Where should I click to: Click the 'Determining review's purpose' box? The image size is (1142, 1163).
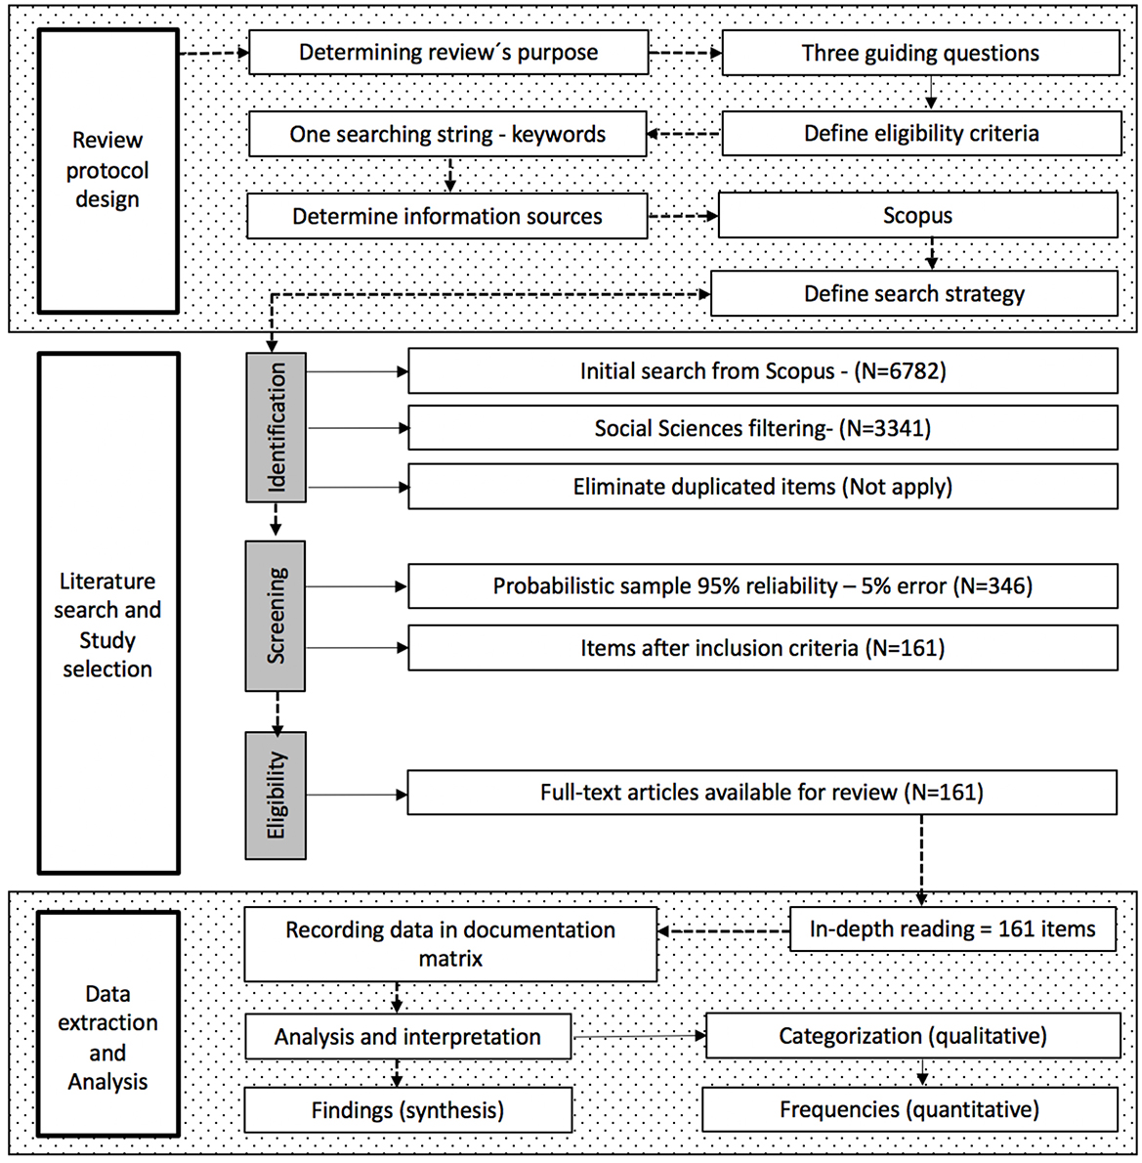[x=448, y=53]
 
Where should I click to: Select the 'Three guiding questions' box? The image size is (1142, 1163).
[x=920, y=53]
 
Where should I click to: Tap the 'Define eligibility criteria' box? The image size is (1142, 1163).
[x=920, y=134]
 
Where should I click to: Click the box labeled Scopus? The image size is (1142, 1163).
[x=917, y=215]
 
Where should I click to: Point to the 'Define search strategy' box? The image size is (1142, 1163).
[x=913, y=293]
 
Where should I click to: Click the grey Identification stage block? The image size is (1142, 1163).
[x=276, y=428]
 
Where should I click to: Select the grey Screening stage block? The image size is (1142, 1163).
[x=276, y=616]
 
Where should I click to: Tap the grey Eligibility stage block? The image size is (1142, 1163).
[x=276, y=795]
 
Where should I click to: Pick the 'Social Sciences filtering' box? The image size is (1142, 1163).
[x=762, y=428]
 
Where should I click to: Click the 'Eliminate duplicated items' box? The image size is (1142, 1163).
[x=762, y=487]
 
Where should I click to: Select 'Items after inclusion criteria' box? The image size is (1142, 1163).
[x=762, y=648]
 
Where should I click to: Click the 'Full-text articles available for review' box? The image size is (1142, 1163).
[x=761, y=793]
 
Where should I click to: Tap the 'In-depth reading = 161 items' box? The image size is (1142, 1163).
[x=952, y=929]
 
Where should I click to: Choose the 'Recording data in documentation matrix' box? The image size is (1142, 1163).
[x=450, y=944]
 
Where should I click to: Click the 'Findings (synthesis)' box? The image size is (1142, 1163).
[x=407, y=1110]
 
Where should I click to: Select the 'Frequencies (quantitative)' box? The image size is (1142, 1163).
[x=909, y=1110]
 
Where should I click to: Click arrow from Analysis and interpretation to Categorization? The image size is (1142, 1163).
[x=639, y=1036]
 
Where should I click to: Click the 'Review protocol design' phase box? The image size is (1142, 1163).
[x=107, y=170]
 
